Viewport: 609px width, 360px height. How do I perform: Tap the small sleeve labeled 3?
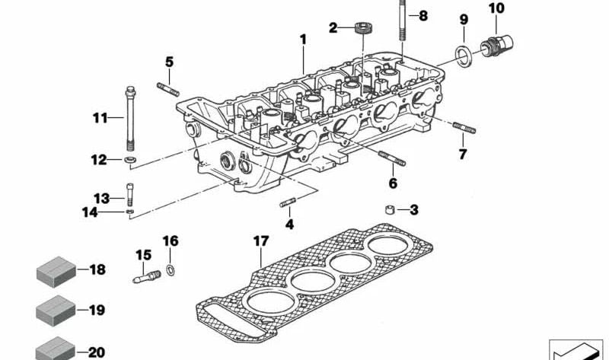[389, 210]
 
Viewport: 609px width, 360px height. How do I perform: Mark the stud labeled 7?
[463, 128]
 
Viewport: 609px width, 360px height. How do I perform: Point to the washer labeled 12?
[132, 159]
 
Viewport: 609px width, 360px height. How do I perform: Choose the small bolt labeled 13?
[130, 196]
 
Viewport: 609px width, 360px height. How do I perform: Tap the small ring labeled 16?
[169, 270]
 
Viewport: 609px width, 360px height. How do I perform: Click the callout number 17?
[261, 242]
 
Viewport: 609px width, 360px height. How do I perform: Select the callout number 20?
[97, 352]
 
